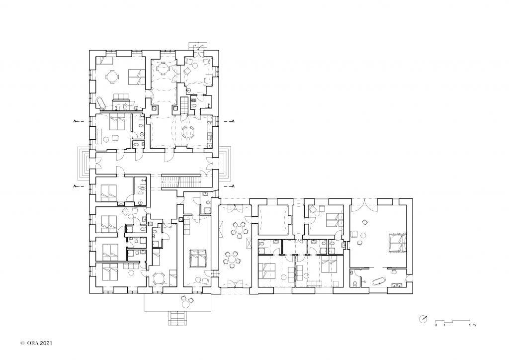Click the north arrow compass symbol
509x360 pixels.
pyautogui.click(x=423, y=319)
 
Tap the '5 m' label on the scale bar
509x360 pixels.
pyautogui.click(x=472, y=325)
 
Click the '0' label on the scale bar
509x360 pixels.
pyautogui.click(x=436, y=325)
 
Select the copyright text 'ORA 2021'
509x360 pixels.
pyautogui.click(x=39, y=343)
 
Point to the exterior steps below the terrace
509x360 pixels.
pyautogui.click(x=178, y=318)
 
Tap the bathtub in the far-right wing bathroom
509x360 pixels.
pyautogui.click(x=378, y=281)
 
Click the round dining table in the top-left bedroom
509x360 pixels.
pyautogui.click(x=112, y=77)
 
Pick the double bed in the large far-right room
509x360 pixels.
pyautogui.click(x=398, y=242)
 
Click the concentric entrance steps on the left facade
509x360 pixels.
pyautogui.click(x=84, y=163)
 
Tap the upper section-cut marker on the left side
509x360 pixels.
pyautogui.click(x=78, y=121)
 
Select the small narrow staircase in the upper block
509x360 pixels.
pyautogui.click(x=184, y=105)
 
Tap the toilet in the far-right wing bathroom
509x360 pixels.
pyautogui.click(x=355, y=283)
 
